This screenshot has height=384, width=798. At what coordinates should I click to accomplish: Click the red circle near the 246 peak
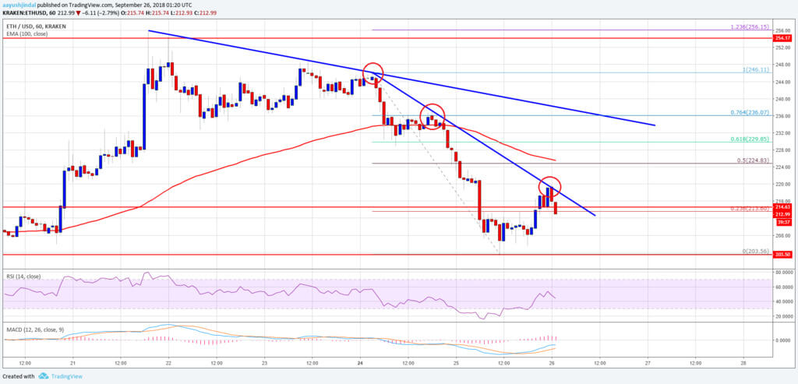[373, 72]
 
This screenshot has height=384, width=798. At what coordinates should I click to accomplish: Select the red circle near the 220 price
[550, 188]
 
